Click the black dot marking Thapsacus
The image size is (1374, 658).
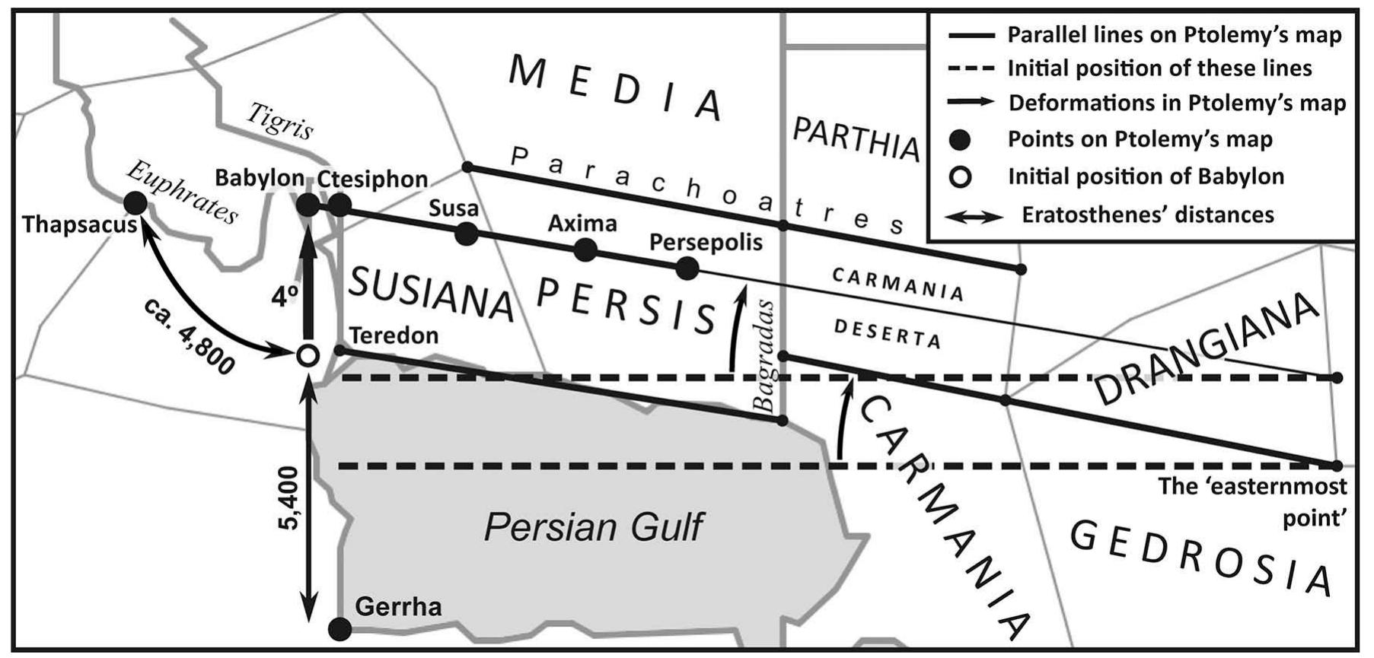(x=135, y=203)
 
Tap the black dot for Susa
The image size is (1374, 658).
(x=466, y=234)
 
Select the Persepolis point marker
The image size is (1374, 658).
(x=687, y=268)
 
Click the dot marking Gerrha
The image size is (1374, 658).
(x=340, y=628)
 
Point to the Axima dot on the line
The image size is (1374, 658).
(x=585, y=250)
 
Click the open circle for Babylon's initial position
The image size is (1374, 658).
(x=307, y=354)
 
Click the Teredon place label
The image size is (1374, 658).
(x=394, y=335)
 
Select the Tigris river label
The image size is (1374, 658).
(x=280, y=122)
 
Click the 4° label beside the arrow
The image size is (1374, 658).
(x=284, y=297)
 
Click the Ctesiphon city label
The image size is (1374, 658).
(x=372, y=180)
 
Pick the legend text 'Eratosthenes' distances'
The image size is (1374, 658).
(x=1148, y=215)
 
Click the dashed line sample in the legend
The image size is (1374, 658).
(x=971, y=68)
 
